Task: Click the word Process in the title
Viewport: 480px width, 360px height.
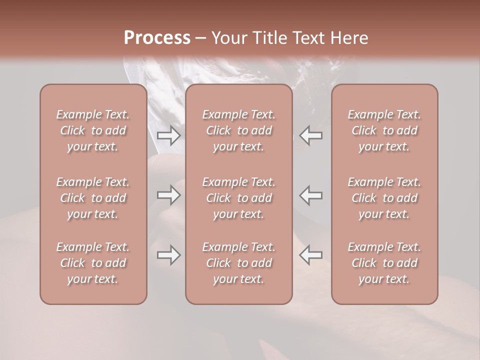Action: click(157, 38)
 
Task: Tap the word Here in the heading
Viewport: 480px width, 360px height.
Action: click(348, 38)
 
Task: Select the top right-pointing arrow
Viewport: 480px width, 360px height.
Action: click(168, 135)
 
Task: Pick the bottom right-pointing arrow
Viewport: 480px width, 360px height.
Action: click(168, 255)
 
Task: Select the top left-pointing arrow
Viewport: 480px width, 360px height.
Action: click(311, 135)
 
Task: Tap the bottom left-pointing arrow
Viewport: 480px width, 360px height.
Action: click(311, 255)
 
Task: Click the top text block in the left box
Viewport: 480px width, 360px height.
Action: click(93, 130)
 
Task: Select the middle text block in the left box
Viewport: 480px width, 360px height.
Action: click(93, 198)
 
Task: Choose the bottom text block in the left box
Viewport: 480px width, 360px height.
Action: click(93, 263)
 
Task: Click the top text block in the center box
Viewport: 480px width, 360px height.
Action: click(239, 130)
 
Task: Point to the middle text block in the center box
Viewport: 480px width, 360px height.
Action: click(239, 198)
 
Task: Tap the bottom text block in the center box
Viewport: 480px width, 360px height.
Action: click(239, 263)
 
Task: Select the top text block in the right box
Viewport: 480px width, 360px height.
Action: click(384, 130)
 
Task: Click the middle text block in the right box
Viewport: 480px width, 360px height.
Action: click(384, 198)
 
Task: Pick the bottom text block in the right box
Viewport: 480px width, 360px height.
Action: click(384, 263)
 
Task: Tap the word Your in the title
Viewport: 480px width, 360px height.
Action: click(228, 38)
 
